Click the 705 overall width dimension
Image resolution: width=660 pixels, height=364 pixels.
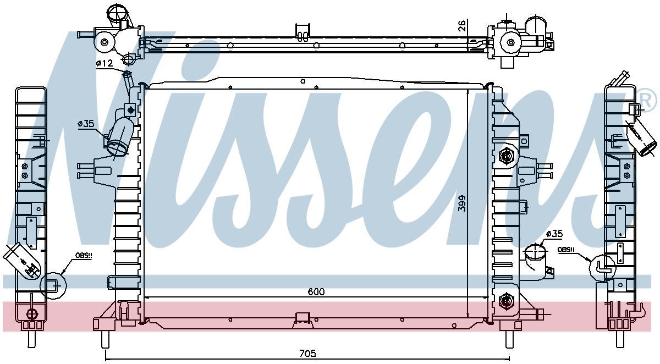pos(307,353)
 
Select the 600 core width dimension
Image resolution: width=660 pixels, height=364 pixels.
pos(316,291)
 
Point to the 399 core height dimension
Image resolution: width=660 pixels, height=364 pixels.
pos(463,203)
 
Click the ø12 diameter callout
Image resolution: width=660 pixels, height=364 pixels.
pos(105,63)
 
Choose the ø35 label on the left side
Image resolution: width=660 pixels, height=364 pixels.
pos(86,124)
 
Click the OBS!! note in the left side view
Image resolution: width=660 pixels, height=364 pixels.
pos(84,256)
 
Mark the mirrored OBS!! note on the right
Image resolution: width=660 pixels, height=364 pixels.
pos(566,250)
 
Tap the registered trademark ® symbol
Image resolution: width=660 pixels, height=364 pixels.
pos(650,101)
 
